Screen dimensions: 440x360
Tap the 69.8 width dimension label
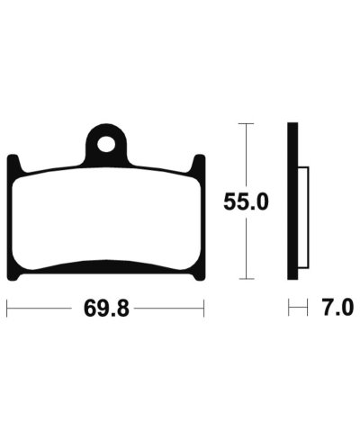(x=106, y=309)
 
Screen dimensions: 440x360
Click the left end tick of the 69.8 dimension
(x=7, y=308)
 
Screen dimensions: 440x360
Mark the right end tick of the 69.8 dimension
(x=205, y=308)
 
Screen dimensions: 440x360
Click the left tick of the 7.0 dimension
(x=289, y=308)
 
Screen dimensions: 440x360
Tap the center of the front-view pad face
(x=106, y=216)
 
